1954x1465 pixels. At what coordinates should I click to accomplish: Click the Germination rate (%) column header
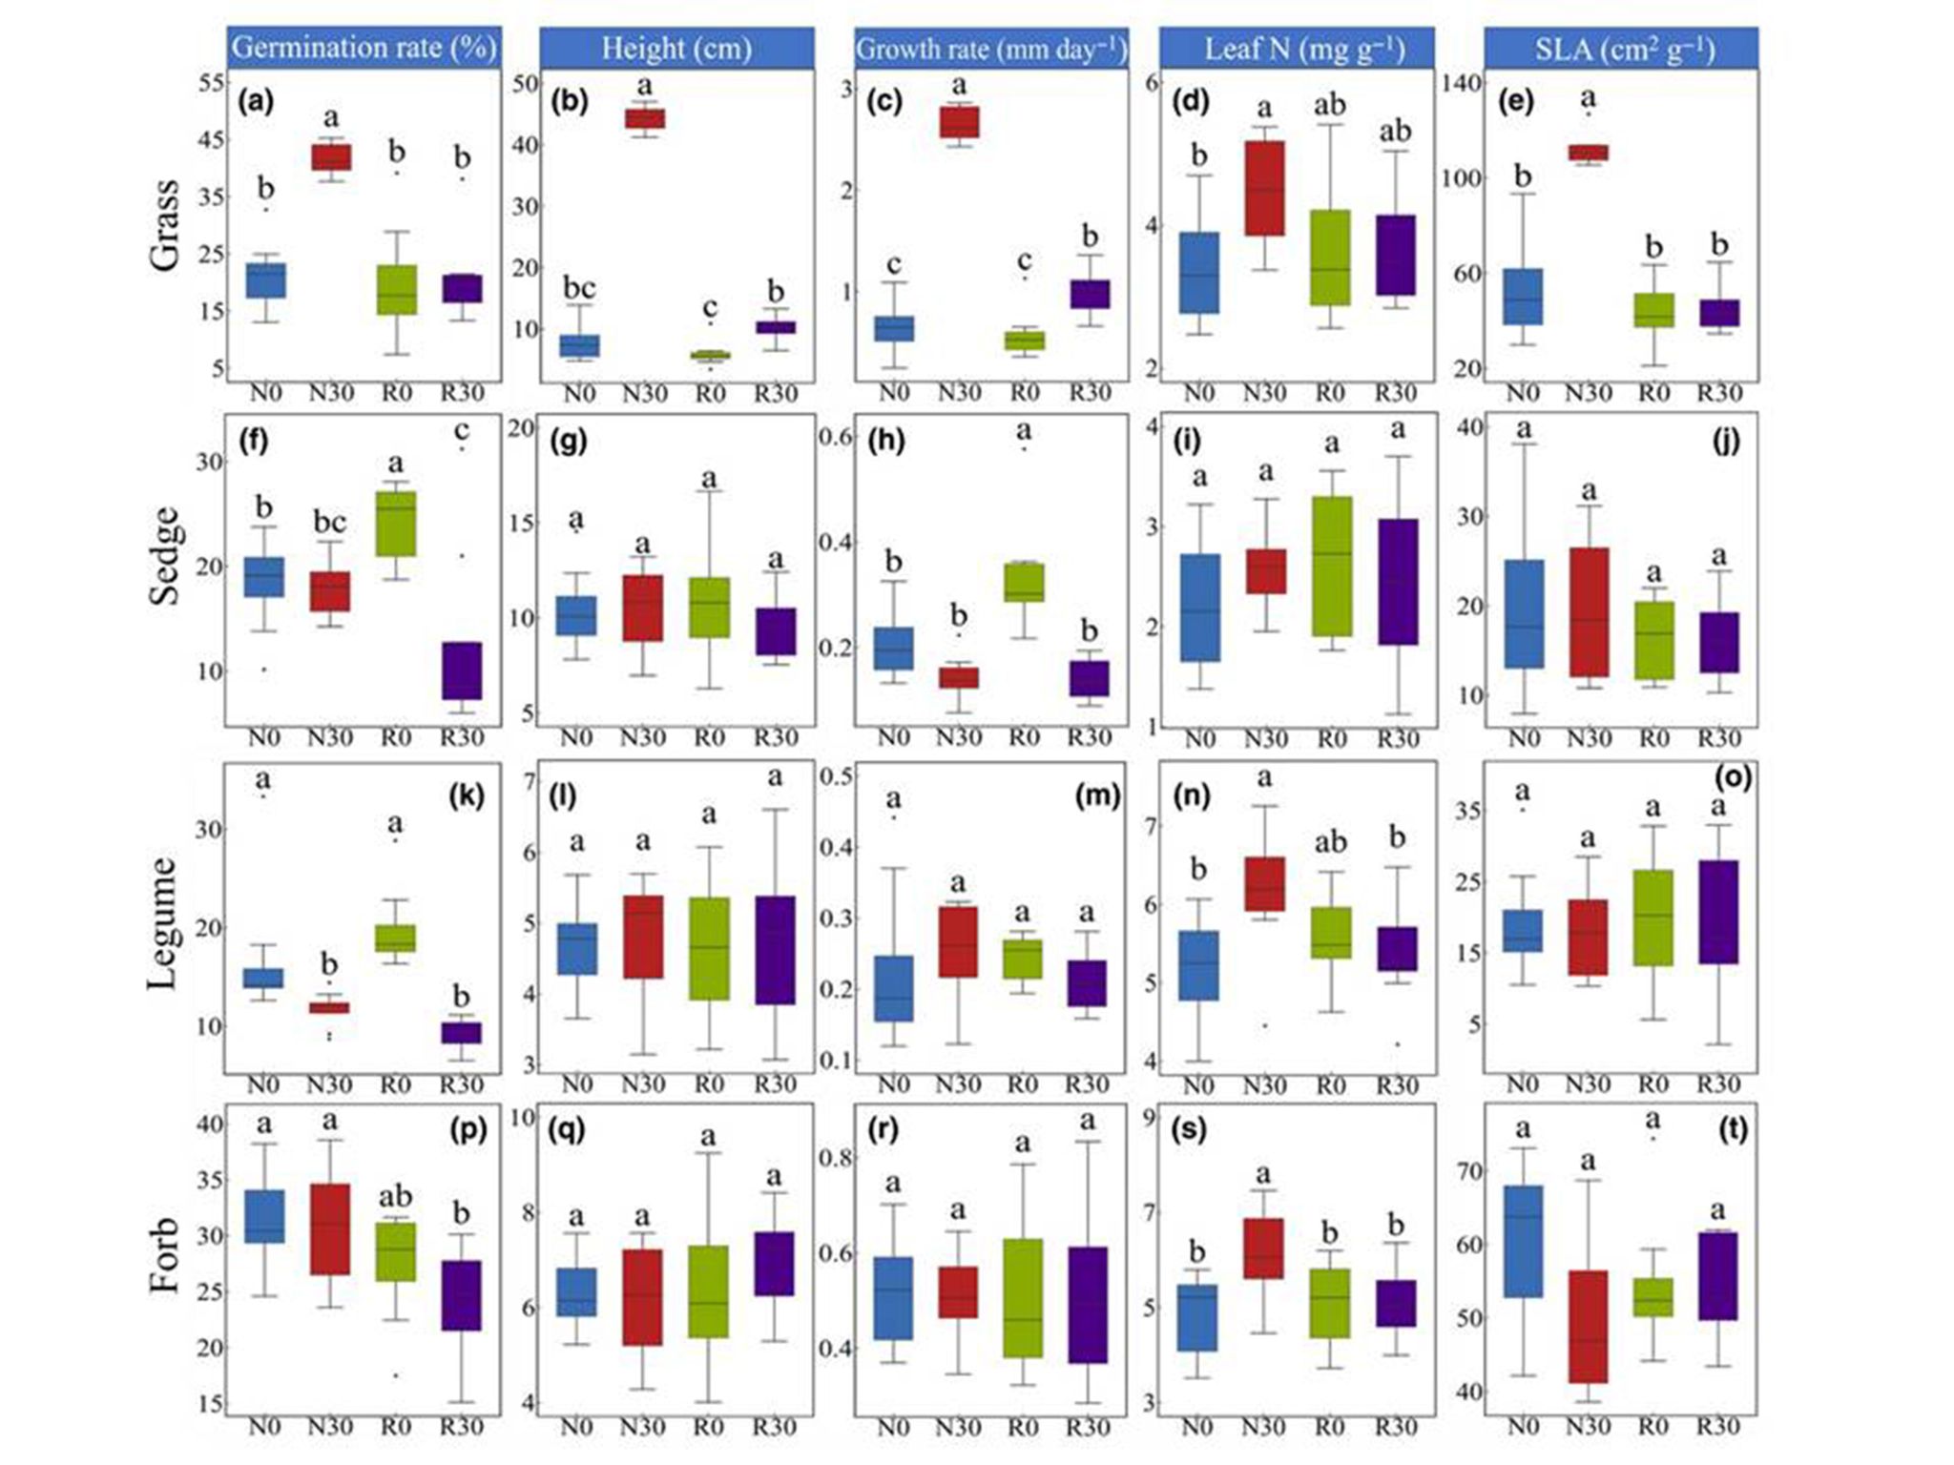point(364,48)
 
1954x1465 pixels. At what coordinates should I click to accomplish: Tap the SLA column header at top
point(1624,48)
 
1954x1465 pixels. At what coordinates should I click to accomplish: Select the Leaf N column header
point(1303,48)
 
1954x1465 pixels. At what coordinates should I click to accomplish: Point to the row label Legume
point(164,922)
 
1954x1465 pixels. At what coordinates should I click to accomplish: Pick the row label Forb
point(164,1255)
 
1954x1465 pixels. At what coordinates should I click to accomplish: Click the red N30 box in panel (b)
point(645,118)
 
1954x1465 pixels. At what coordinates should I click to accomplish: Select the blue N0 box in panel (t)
point(1523,1241)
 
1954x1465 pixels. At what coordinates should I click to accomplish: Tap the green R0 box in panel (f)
point(396,524)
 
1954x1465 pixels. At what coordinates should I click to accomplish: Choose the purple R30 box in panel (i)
point(1398,582)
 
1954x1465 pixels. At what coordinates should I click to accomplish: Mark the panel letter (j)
point(1727,441)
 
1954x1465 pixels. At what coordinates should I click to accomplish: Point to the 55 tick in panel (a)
point(212,83)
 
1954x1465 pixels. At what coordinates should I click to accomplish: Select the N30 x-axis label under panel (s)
point(1263,1428)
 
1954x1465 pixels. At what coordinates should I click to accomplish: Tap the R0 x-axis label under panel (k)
point(395,1084)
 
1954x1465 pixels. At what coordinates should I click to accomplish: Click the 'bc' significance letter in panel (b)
point(579,287)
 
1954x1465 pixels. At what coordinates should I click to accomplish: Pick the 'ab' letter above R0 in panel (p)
point(396,1196)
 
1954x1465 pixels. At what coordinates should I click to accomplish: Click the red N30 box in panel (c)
point(959,122)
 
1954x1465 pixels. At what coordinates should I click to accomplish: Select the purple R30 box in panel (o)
point(1717,912)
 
